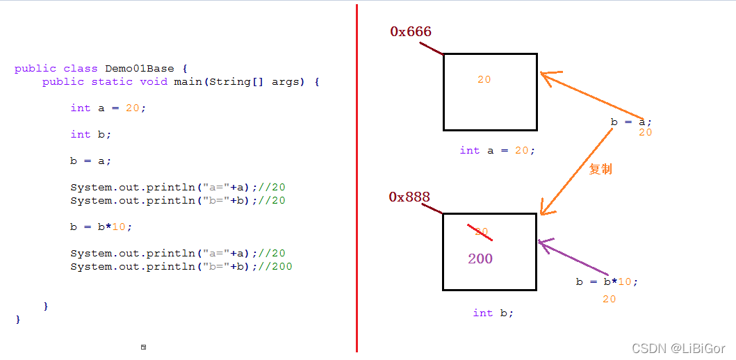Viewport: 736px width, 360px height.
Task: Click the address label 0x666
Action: [x=411, y=32]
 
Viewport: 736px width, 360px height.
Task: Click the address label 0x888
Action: [x=409, y=197]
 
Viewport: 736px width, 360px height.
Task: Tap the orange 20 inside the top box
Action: [x=484, y=80]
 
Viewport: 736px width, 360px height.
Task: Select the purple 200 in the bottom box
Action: [x=480, y=259]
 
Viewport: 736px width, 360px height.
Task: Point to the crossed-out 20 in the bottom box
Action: [x=480, y=232]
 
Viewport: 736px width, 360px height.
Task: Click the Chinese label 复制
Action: [x=600, y=170]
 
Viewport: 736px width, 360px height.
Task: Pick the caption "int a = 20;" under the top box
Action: [x=497, y=150]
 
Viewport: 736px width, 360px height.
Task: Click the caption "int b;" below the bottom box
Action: [x=493, y=313]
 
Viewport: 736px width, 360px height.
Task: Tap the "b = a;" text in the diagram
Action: [x=631, y=122]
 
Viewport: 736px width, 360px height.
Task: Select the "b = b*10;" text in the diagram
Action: [x=606, y=281]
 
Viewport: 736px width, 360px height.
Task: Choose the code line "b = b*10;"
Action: [x=101, y=227]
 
